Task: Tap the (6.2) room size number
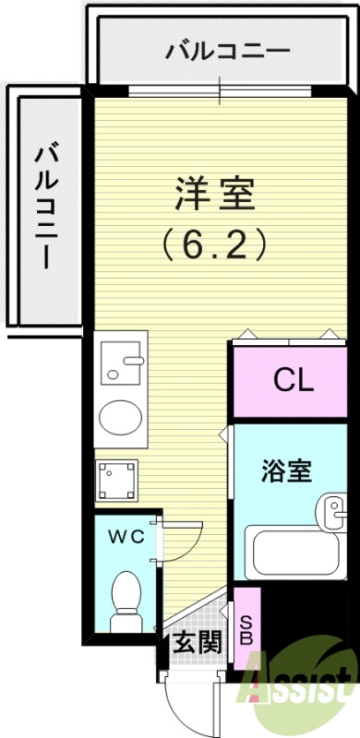[215, 244]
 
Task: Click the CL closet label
[293, 379]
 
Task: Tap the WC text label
[126, 537]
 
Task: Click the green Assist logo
[300, 692]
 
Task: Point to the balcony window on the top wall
[220, 89]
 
